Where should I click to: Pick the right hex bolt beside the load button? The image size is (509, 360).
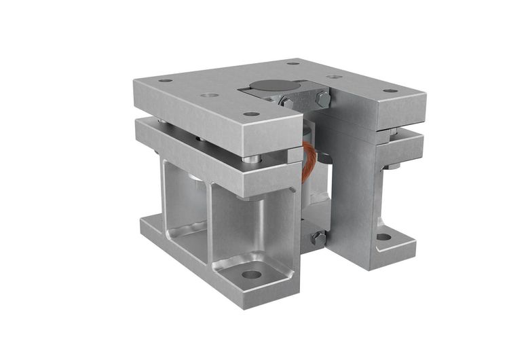tap(323, 99)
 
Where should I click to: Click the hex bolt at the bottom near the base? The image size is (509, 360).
tap(318, 238)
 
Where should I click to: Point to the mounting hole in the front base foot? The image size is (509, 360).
tap(252, 275)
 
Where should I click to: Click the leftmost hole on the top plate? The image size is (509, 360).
tap(165, 81)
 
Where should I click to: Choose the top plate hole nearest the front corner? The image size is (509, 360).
tap(251, 113)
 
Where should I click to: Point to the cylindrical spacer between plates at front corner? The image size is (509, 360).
tap(252, 159)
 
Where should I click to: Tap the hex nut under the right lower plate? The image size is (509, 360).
tap(392, 166)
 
